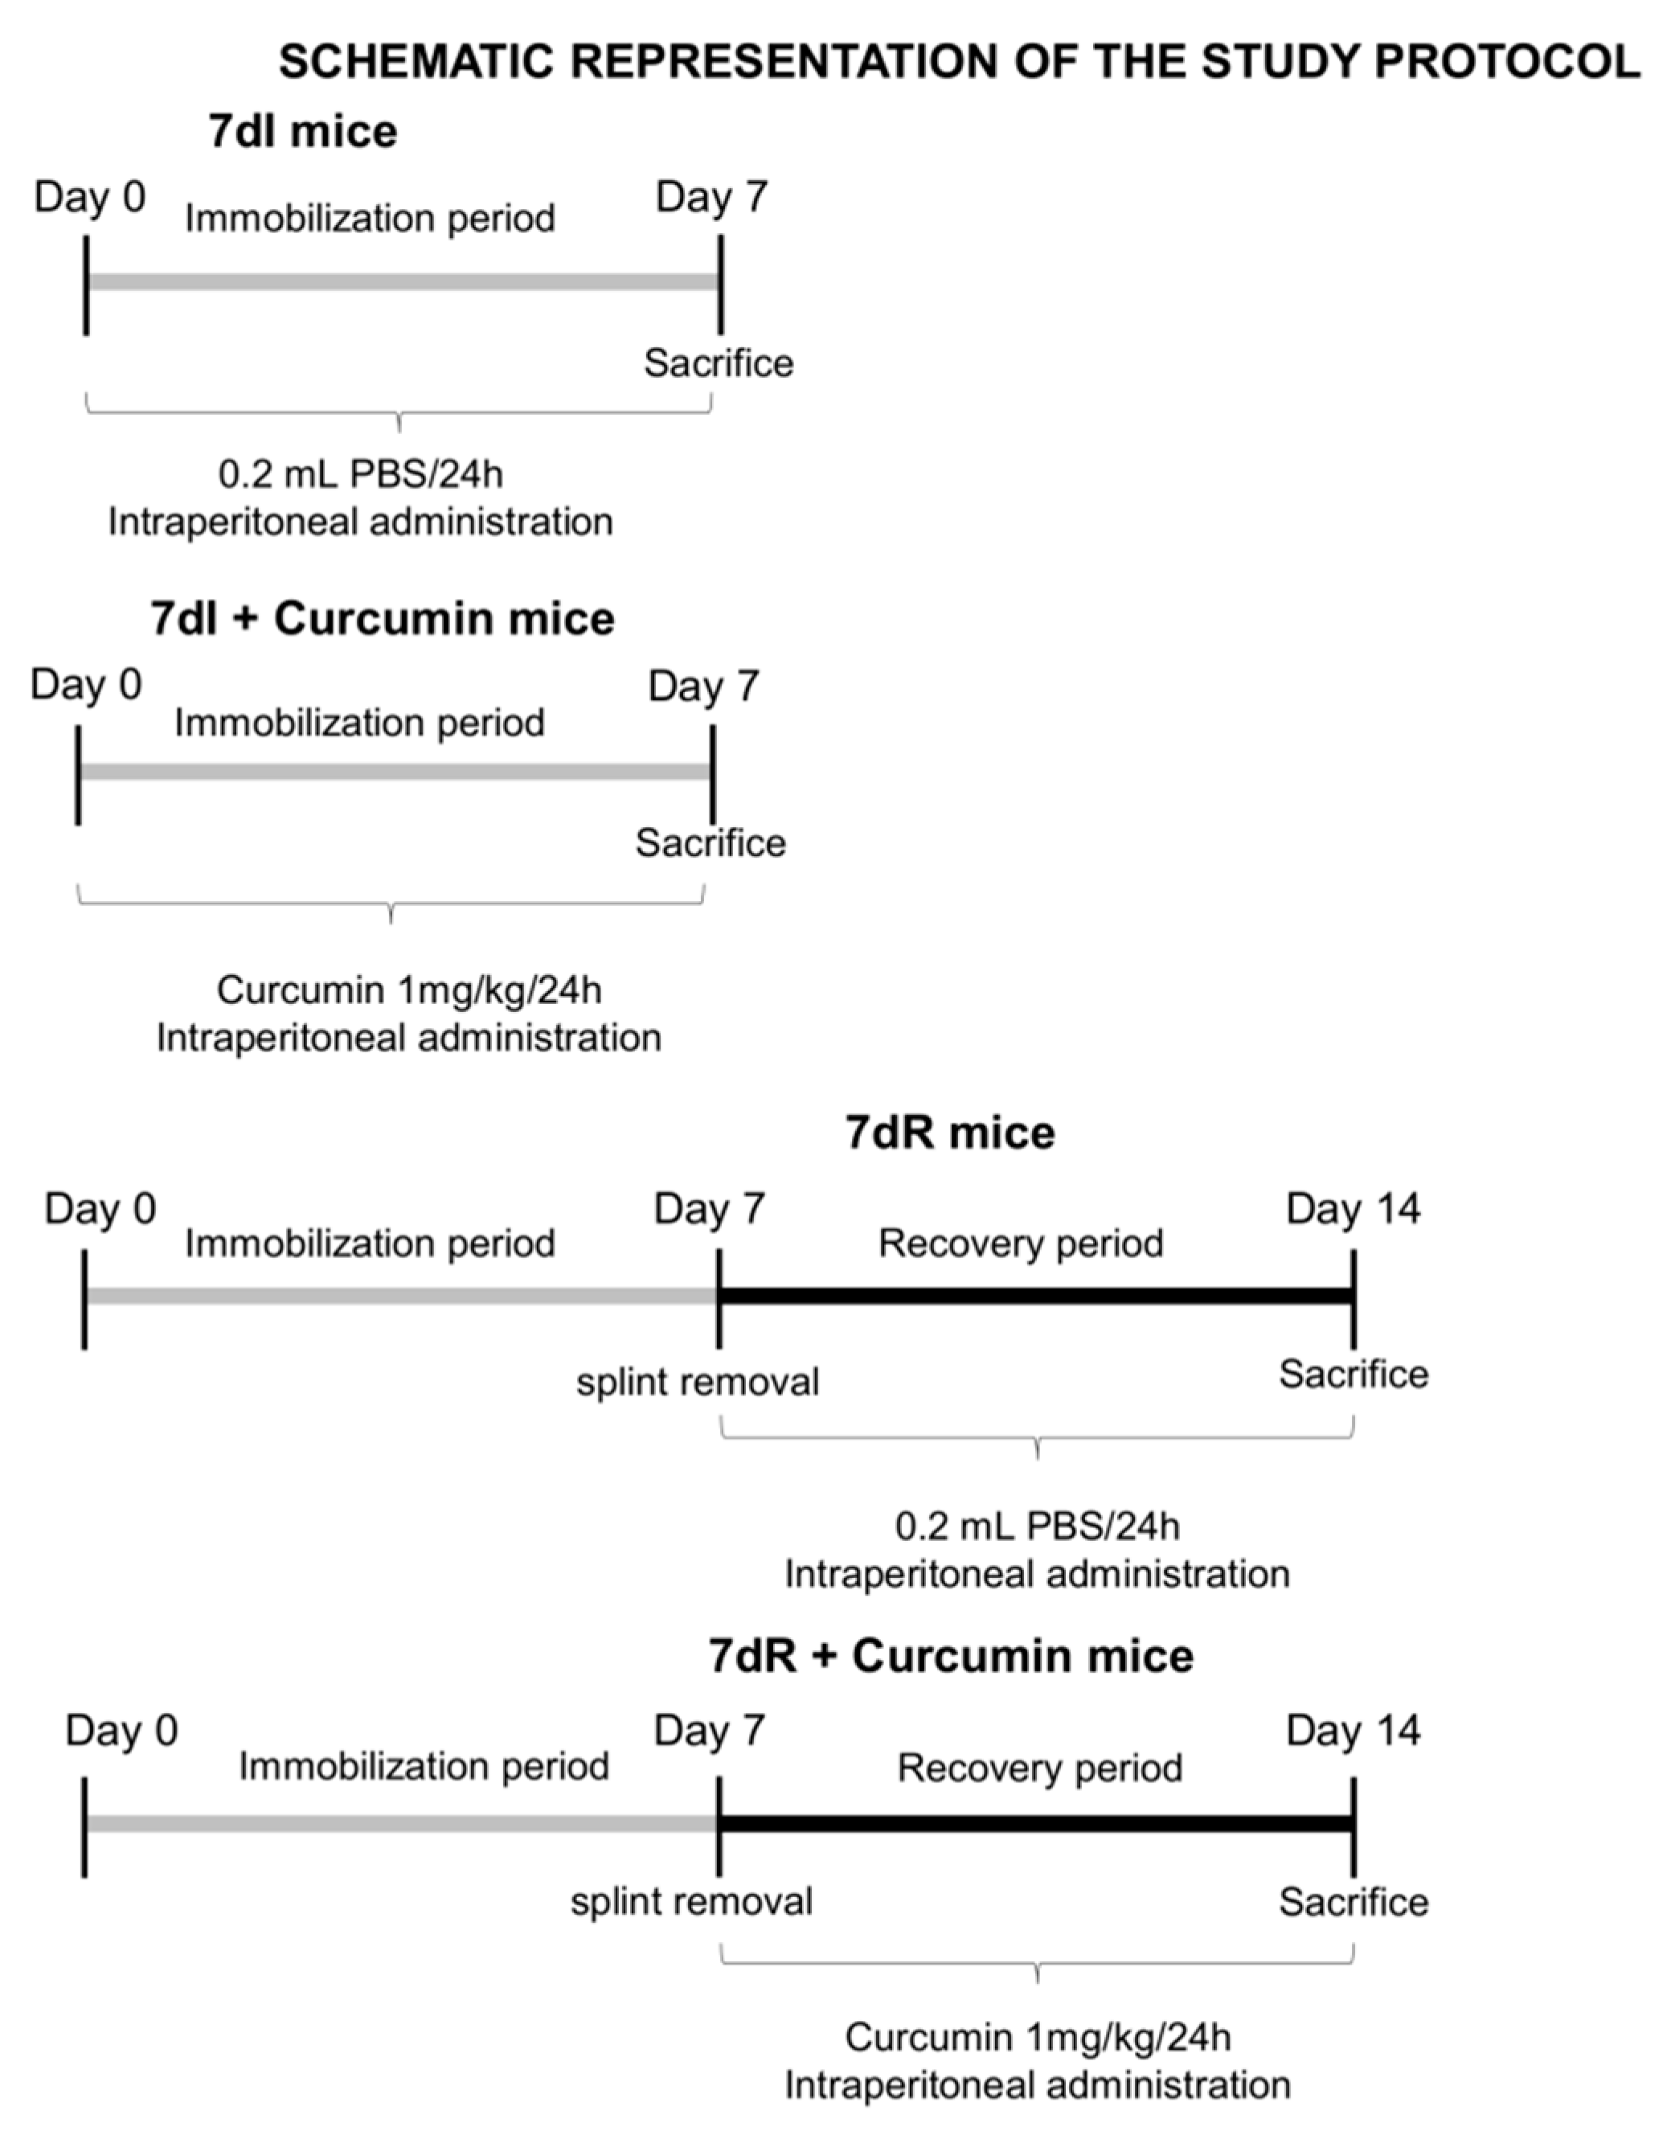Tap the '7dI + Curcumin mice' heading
pos(383,620)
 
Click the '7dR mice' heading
pos(949,1133)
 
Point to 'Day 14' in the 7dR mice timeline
pos(1353,1209)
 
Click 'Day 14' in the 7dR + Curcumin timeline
pos(1353,1731)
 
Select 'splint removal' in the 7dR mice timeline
pos(698,1383)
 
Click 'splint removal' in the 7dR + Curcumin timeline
pos(691,1903)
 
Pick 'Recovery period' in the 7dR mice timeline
pos(1020,1244)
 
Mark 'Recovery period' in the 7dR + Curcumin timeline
pos(1039,1769)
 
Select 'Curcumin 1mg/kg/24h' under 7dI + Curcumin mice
pos(409,990)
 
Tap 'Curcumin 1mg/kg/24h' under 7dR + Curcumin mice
pos(1038,2038)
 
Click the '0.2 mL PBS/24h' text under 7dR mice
pos(1038,1527)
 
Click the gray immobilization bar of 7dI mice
pos(402,282)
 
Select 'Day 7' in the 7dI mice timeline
pos(711,198)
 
